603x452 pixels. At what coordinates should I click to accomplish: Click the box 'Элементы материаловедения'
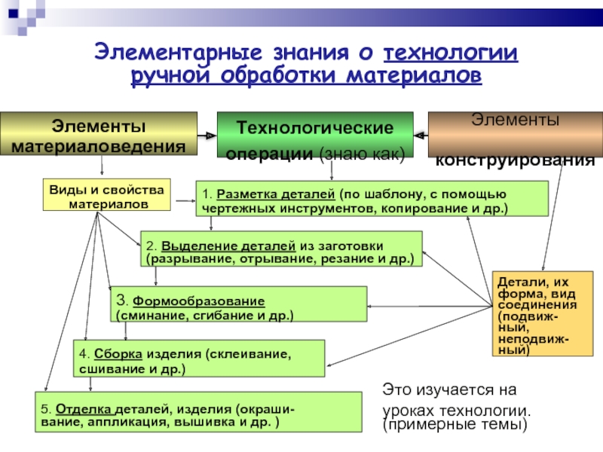[x=98, y=134]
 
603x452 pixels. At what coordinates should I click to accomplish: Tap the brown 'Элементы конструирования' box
[x=514, y=134]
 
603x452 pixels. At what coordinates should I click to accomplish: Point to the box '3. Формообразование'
[x=238, y=304]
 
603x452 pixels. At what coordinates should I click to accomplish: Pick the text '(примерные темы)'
[x=452, y=426]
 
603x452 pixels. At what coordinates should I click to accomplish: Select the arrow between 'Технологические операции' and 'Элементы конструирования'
[x=421, y=135]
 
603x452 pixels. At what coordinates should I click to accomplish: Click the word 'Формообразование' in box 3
[x=199, y=298]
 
